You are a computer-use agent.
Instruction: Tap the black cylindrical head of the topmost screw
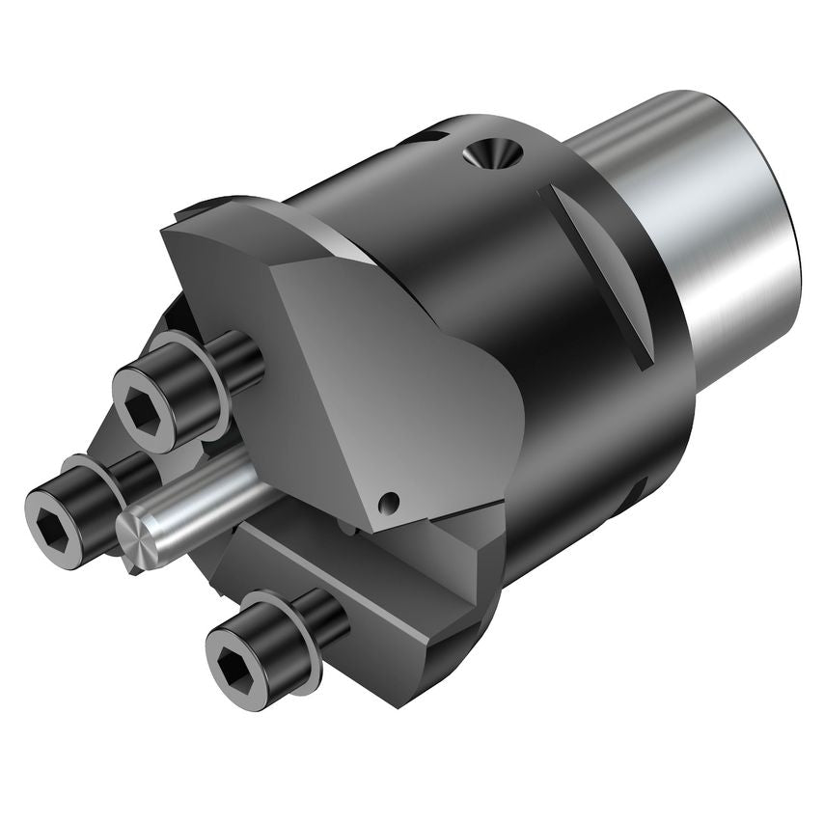(x=183, y=381)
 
